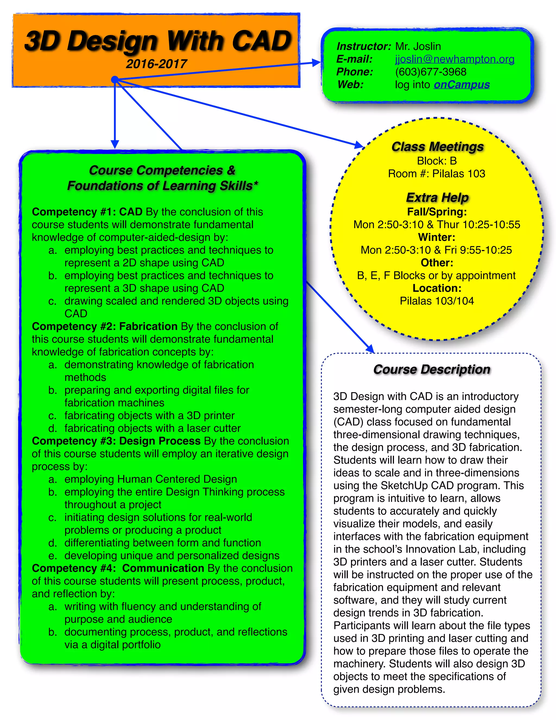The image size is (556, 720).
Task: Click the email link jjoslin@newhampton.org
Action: click(454, 59)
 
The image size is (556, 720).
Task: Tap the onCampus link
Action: click(462, 85)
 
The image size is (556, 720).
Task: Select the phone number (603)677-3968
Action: click(431, 72)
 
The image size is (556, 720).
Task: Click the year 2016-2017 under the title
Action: click(156, 64)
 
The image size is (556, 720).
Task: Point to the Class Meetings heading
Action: click(437, 147)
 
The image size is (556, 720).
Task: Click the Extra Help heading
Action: click(437, 198)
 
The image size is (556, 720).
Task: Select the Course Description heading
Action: click(431, 370)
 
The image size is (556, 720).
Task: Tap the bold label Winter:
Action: click(437, 237)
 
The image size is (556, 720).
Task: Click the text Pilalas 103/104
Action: click(437, 301)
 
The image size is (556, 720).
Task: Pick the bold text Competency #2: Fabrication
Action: click(105, 326)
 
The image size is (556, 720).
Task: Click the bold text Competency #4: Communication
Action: click(118, 568)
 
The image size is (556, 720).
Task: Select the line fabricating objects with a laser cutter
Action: click(152, 428)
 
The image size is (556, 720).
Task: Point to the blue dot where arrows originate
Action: click(115, 79)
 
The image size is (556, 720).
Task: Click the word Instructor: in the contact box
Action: click(363, 46)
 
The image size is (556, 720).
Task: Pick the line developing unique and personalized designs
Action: click(172, 556)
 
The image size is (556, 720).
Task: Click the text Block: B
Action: click(437, 161)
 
